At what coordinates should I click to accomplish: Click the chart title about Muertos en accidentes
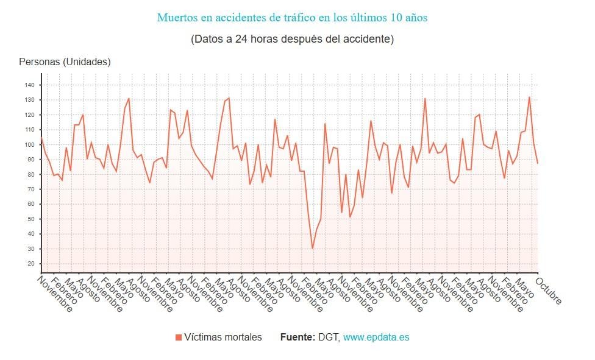(292, 18)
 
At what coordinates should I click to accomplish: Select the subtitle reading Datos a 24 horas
(292, 39)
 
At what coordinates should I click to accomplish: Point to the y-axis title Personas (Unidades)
(65, 62)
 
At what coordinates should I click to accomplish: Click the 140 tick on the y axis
(30, 85)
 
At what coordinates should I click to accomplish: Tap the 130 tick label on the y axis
(30, 100)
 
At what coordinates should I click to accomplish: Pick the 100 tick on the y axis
(30, 144)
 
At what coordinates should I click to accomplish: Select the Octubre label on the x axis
(549, 291)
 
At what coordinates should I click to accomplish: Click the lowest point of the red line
(313, 249)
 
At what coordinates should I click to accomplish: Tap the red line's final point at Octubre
(537, 163)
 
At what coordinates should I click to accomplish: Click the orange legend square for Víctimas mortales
(178, 337)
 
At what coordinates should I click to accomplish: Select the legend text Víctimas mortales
(223, 337)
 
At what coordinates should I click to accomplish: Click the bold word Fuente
(297, 337)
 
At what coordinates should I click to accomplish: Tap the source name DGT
(329, 337)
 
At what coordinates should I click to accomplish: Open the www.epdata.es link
(376, 337)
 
